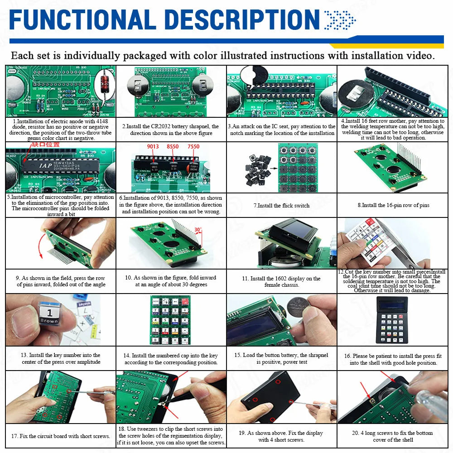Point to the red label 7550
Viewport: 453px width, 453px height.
(193, 147)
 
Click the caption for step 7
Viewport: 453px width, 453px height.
(281, 205)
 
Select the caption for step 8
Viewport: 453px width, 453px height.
(393, 205)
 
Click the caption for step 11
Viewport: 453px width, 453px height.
(281, 281)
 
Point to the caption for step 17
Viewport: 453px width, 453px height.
(60, 436)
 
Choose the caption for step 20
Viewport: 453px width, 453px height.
(393, 436)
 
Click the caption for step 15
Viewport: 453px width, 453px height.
(281, 358)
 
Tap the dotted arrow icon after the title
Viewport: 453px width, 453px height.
(340, 20)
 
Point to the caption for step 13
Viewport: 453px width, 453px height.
(60, 358)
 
